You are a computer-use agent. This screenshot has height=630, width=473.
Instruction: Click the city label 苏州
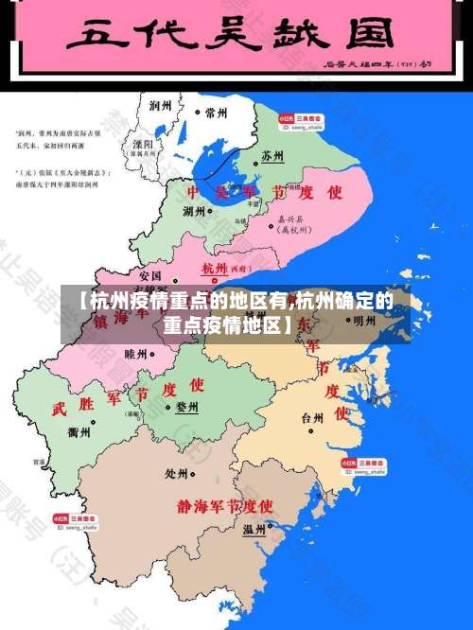pyautogui.click(x=273, y=154)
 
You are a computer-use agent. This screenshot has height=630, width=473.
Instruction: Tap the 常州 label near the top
pyautogui.click(x=216, y=112)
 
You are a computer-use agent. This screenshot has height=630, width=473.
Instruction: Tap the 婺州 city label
pyautogui.click(x=187, y=408)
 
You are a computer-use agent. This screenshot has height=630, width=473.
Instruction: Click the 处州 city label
pyautogui.click(x=177, y=473)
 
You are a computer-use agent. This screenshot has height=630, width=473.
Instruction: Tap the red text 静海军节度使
pyautogui.click(x=225, y=505)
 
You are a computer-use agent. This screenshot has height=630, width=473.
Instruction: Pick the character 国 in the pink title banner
pyautogui.click(x=367, y=37)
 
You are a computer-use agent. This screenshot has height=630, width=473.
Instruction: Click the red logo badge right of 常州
pyautogui.click(x=285, y=114)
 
